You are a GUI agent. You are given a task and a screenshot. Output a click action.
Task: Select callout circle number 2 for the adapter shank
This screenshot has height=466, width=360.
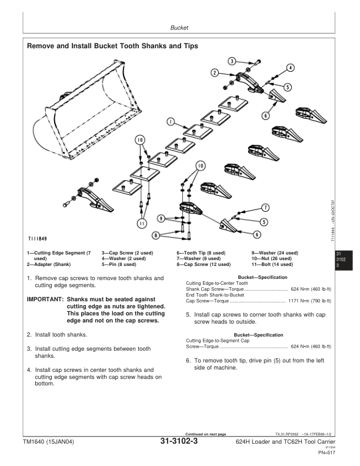(x=215, y=72)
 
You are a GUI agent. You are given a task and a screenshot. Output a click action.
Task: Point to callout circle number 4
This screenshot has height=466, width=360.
(x=291, y=68)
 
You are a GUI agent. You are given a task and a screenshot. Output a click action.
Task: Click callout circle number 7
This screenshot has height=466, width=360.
(x=265, y=208)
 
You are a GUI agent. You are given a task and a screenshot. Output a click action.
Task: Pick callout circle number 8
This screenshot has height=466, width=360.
(x=156, y=235)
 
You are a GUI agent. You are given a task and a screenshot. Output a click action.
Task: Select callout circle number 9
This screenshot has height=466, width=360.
(x=161, y=219)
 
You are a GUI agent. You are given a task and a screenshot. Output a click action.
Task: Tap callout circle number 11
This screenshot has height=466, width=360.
(x=141, y=224)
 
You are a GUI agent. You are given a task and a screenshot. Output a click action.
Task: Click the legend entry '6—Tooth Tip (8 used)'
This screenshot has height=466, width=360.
(x=201, y=252)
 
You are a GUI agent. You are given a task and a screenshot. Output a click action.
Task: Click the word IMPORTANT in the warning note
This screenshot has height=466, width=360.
(x=45, y=299)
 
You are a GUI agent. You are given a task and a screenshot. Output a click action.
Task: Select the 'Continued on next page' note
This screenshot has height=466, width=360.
(x=205, y=434)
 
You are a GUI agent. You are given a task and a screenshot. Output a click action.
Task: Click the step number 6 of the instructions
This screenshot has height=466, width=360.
(x=188, y=360)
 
